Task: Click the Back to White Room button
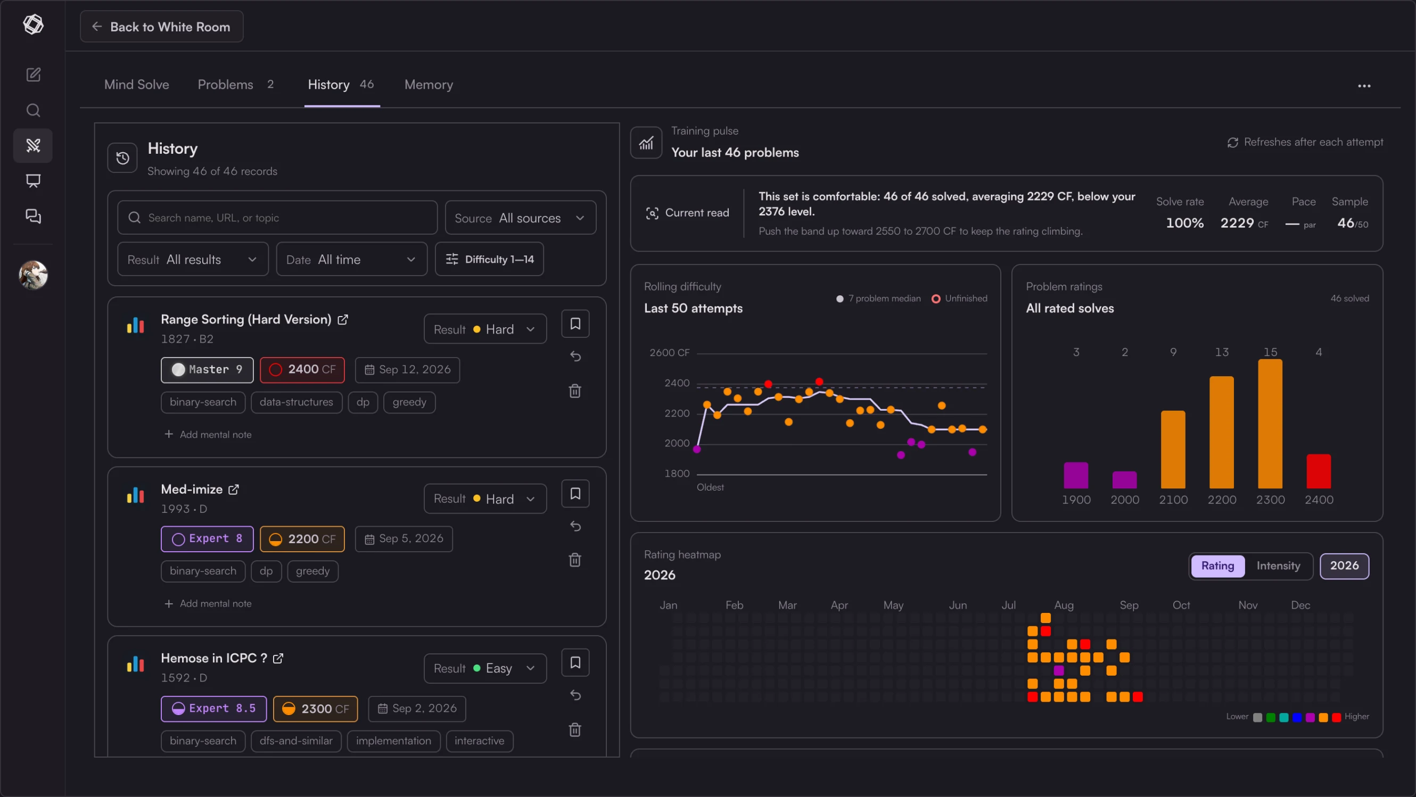click(x=162, y=27)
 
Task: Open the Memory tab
click(x=429, y=85)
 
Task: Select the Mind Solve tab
click(x=137, y=85)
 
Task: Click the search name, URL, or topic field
click(x=277, y=218)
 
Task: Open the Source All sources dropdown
click(x=520, y=218)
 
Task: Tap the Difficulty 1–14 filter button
click(x=489, y=259)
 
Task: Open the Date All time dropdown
click(x=351, y=259)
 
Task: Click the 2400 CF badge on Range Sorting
click(x=302, y=370)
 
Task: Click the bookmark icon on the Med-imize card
click(x=575, y=493)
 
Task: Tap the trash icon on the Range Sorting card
click(x=575, y=391)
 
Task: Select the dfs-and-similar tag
click(x=297, y=741)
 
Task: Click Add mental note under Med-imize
click(x=208, y=604)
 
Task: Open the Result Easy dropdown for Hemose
click(x=485, y=668)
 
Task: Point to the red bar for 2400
click(x=1319, y=471)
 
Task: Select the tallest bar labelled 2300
click(x=1270, y=424)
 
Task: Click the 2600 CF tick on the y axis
click(x=670, y=353)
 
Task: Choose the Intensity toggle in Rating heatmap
click(x=1279, y=566)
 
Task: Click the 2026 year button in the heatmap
click(x=1345, y=566)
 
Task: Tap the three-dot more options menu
click(x=1364, y=86)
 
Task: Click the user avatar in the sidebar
click(x=33, y=275)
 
